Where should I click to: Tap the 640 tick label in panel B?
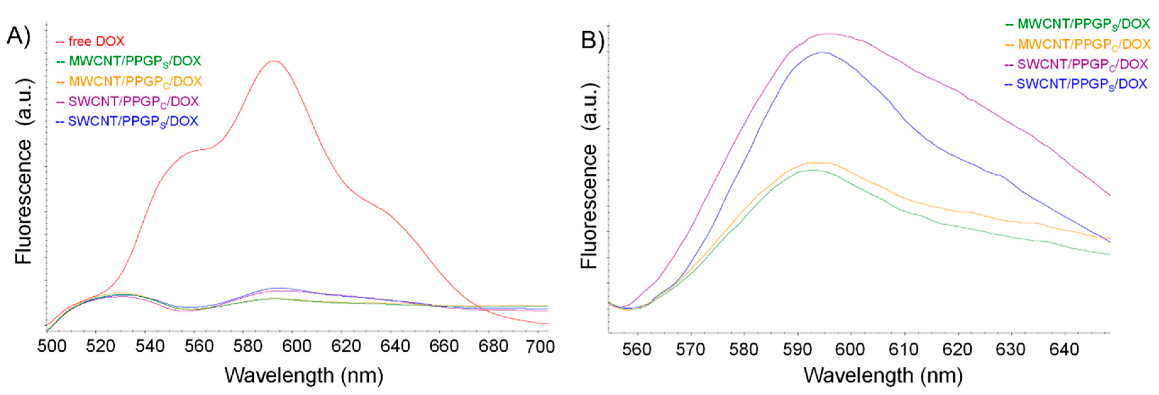1064,349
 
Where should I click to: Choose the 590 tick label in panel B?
797,349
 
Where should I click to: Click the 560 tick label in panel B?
636,349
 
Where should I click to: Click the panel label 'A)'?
18,36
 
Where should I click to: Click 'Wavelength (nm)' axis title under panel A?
304,375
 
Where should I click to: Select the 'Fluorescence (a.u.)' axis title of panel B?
589,176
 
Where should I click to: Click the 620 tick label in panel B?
958,349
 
